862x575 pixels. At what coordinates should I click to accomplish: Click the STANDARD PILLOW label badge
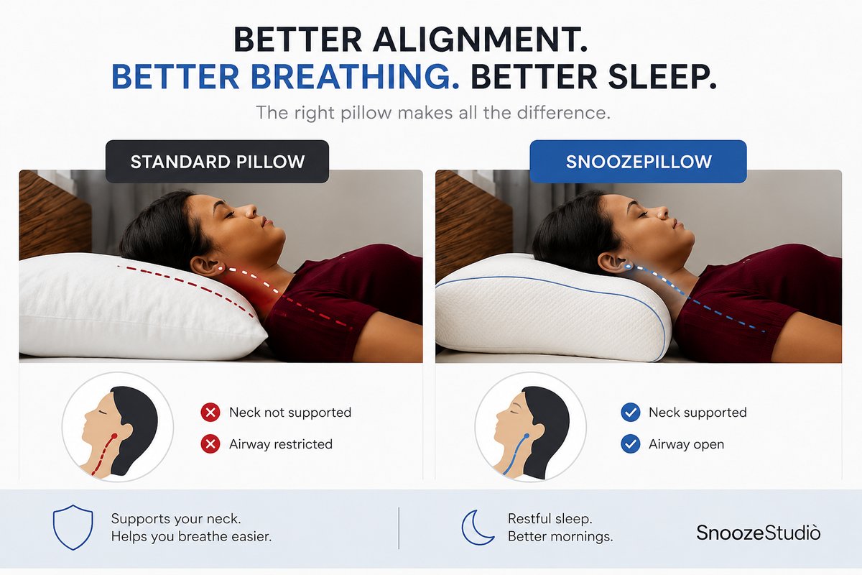[x=217, y=162]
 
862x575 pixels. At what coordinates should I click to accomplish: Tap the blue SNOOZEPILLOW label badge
[x=638, y=162]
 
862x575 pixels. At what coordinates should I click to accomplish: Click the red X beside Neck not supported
[x=210, y=413]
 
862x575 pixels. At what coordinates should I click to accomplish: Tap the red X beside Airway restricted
[x=210, y=444]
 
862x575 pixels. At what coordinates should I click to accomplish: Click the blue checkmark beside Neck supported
[x=631, y=413]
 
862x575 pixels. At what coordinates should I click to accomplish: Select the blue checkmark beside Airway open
[x=631, y=444]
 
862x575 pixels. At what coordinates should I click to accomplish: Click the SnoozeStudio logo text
[x=758, y=533]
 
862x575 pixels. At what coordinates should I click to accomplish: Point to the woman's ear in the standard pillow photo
[x=203, y=266]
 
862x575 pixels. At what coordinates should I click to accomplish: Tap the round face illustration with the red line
[x=118, y=427]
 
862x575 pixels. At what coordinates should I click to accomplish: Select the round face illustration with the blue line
[x=531, y=427]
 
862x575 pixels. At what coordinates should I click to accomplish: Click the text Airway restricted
[x=281, y=444]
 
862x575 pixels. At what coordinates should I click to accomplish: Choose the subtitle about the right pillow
[x=433, y=113]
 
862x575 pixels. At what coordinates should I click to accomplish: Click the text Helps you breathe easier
[x=191, y=536]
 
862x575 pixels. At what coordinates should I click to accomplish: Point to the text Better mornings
[x=560, y=536]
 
